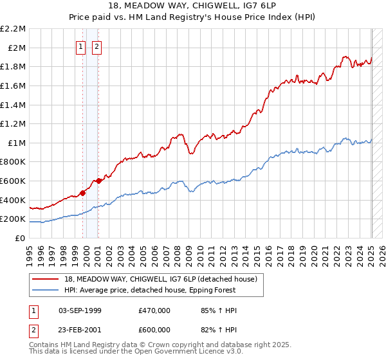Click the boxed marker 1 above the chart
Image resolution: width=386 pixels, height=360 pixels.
point(81,46)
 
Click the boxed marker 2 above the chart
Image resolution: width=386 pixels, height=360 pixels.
point(96,46)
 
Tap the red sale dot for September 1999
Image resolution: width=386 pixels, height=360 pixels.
point(82,193)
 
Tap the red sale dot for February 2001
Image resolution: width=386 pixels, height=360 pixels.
point(98,181)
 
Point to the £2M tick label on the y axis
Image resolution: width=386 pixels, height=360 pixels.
point(17,48)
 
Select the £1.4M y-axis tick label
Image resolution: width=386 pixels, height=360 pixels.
point(15,105)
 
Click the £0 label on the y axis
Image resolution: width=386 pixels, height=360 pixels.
point(20,238)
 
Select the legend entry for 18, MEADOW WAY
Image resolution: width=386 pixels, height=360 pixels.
point(161,279)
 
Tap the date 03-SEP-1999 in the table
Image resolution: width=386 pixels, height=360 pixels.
point(80,310)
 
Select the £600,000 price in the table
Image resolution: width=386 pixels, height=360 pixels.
point(154,330)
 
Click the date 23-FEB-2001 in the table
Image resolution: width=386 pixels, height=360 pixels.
point(80,330)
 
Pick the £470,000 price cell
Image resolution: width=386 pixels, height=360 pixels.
point(154,310)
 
